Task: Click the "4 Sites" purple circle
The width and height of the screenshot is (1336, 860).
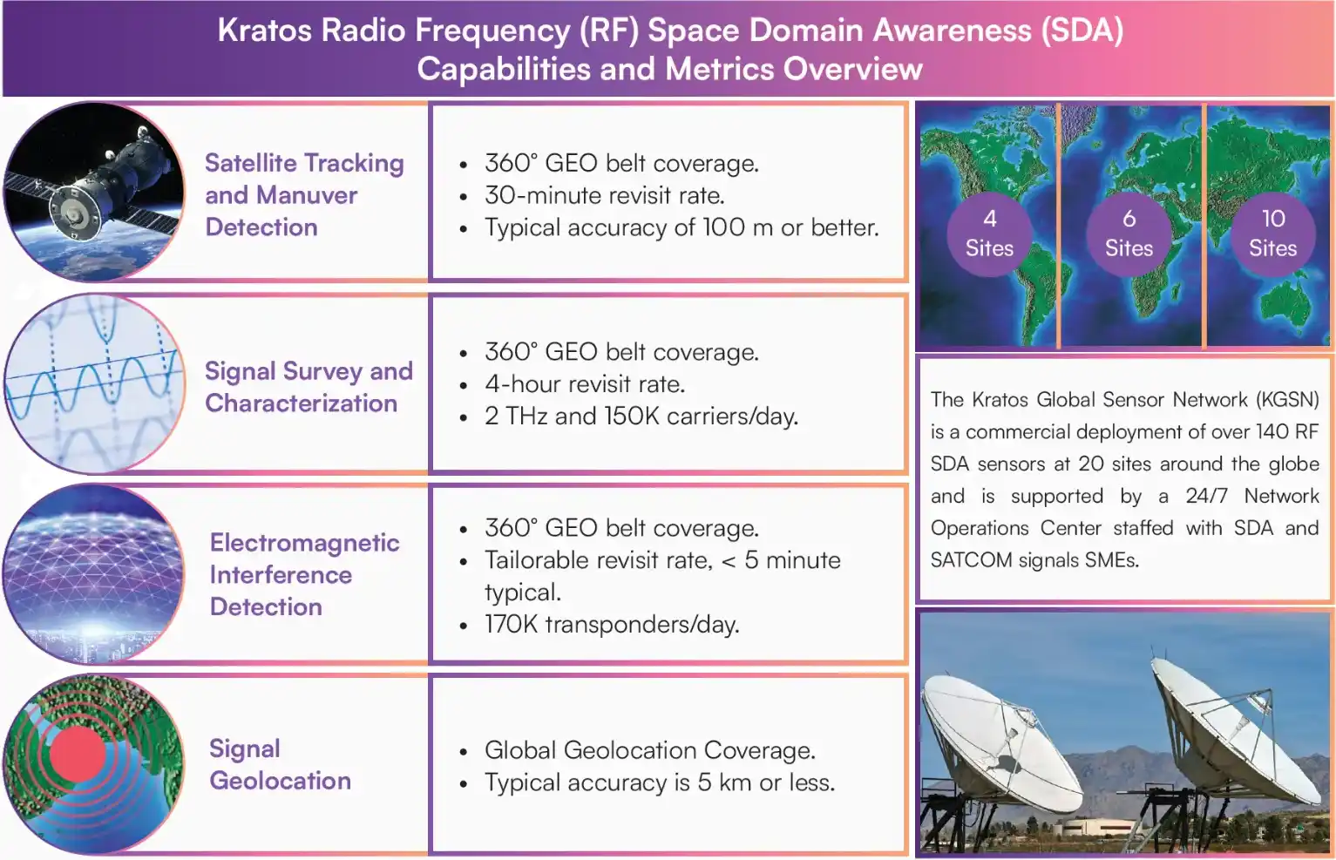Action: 989,234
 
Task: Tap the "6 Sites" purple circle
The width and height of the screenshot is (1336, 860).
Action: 1129,234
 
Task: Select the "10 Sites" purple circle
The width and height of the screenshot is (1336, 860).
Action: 1272,234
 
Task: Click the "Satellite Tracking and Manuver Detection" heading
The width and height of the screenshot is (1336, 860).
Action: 304,195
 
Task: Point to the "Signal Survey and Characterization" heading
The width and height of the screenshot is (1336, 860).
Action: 309,387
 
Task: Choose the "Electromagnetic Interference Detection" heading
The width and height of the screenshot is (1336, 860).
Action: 304,574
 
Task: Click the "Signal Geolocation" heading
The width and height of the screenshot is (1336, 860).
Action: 280,764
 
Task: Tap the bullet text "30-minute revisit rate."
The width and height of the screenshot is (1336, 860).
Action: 604,195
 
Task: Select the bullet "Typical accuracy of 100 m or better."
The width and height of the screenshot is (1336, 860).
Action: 682,227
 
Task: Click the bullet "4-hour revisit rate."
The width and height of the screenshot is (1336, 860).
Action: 585,384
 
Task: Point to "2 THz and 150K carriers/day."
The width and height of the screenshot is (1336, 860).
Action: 641,416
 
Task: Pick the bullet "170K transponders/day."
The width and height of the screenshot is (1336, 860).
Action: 612,625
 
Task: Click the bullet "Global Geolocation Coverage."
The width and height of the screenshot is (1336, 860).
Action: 650,750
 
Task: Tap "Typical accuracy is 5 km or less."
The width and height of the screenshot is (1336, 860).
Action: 660,782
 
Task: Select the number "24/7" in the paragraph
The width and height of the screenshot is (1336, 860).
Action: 1206,496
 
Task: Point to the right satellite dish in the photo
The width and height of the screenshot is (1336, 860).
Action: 1238,732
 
